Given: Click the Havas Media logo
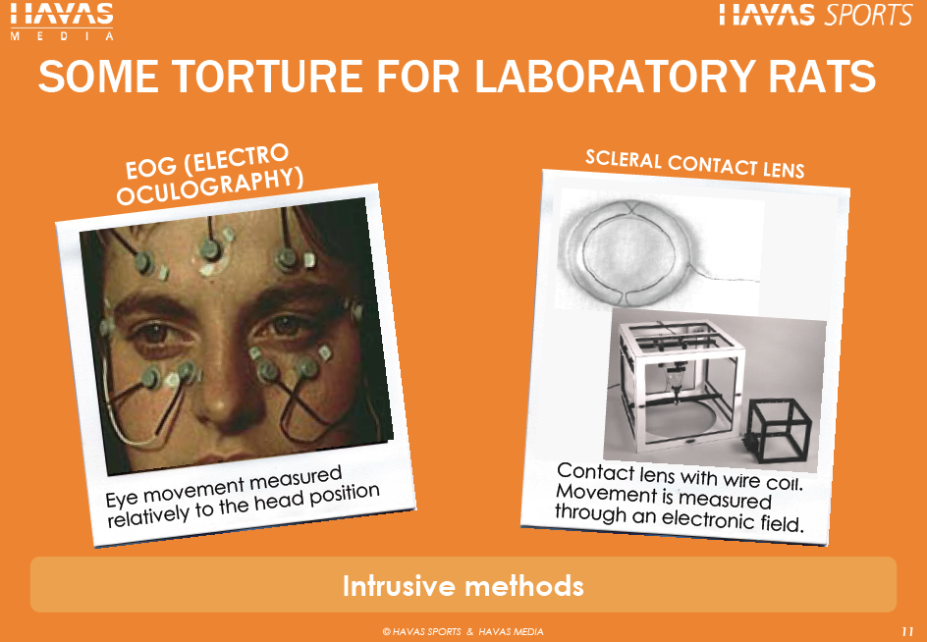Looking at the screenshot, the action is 62,22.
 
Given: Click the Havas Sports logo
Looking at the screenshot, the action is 816,15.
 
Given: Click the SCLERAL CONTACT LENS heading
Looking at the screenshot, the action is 694,163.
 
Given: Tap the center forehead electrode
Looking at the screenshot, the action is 210,250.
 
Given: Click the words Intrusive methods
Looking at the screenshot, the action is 463,586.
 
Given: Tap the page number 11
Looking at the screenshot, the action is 907,630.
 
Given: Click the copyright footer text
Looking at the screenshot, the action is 463,631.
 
